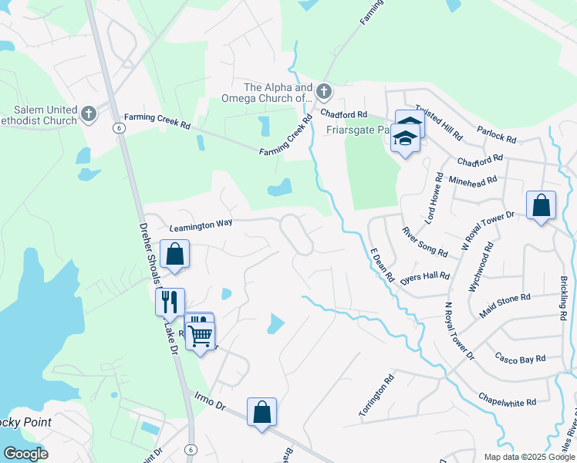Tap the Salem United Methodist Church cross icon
tap(88, 114)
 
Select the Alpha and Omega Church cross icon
tap(323, 92)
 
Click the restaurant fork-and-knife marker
tap(170, 301)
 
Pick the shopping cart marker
tap(201, 335)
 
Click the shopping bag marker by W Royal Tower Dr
tap(541, 205)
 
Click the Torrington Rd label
tap(376, 396)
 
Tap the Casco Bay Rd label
tap(520, 359)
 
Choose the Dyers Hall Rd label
tap(424, 279)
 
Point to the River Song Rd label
tap(424, 242)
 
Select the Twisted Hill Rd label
tap(438, 122)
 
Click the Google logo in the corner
tap(25, 454)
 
